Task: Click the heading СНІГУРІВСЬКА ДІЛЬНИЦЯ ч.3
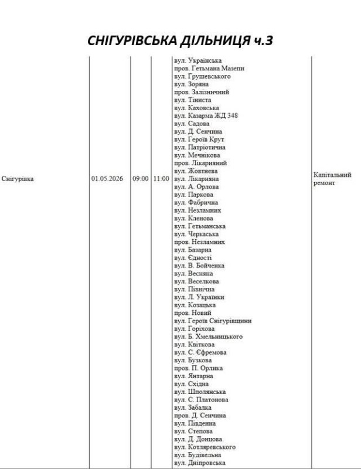pyautogui.click(x=180, y=40)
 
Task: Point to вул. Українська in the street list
pyautogui.click(x=197, y=60)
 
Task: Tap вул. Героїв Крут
pyautogui.click(x=199, y=139)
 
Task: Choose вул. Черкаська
pyautogui.click(x=196, y=233)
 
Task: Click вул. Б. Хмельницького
pyautogui.click(x=208, y=337)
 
